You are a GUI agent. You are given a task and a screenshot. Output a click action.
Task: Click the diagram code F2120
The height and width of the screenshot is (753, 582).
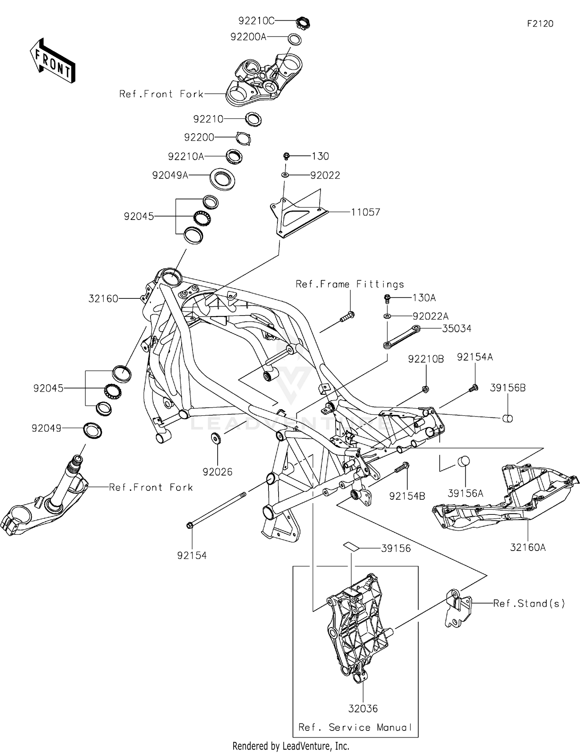(540, 24)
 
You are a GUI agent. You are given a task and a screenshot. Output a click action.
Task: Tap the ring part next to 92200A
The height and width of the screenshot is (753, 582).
(294, 39)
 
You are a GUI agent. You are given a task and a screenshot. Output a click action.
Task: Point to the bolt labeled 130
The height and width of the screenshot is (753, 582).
(286, 156)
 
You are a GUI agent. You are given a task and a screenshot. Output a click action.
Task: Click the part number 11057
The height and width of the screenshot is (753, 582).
(365, 212)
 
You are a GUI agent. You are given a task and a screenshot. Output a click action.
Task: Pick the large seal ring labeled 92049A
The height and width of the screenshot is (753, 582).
(222, 180)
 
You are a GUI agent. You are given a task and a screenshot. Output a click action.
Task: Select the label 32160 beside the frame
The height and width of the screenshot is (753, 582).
(103, 298)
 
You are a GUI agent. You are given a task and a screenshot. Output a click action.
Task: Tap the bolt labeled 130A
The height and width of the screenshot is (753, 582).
(387, 298)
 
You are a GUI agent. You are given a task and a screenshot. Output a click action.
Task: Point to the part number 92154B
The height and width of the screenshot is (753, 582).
(407, 496)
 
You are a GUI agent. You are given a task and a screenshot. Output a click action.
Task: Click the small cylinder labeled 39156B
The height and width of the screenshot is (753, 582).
(508, 418)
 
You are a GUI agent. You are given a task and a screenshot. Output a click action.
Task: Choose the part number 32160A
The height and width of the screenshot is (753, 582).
(528, 547)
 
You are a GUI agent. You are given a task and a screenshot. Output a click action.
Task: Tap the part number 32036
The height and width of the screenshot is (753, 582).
(363, 708)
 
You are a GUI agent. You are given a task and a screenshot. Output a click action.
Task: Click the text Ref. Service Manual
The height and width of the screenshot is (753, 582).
(355, 727)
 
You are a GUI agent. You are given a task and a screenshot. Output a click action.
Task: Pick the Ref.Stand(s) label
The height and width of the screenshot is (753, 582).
(529, 603)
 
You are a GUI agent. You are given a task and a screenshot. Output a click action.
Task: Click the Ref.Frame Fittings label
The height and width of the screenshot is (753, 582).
(350, 284)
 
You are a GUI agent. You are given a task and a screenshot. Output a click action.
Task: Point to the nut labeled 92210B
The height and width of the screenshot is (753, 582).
(425, 389)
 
